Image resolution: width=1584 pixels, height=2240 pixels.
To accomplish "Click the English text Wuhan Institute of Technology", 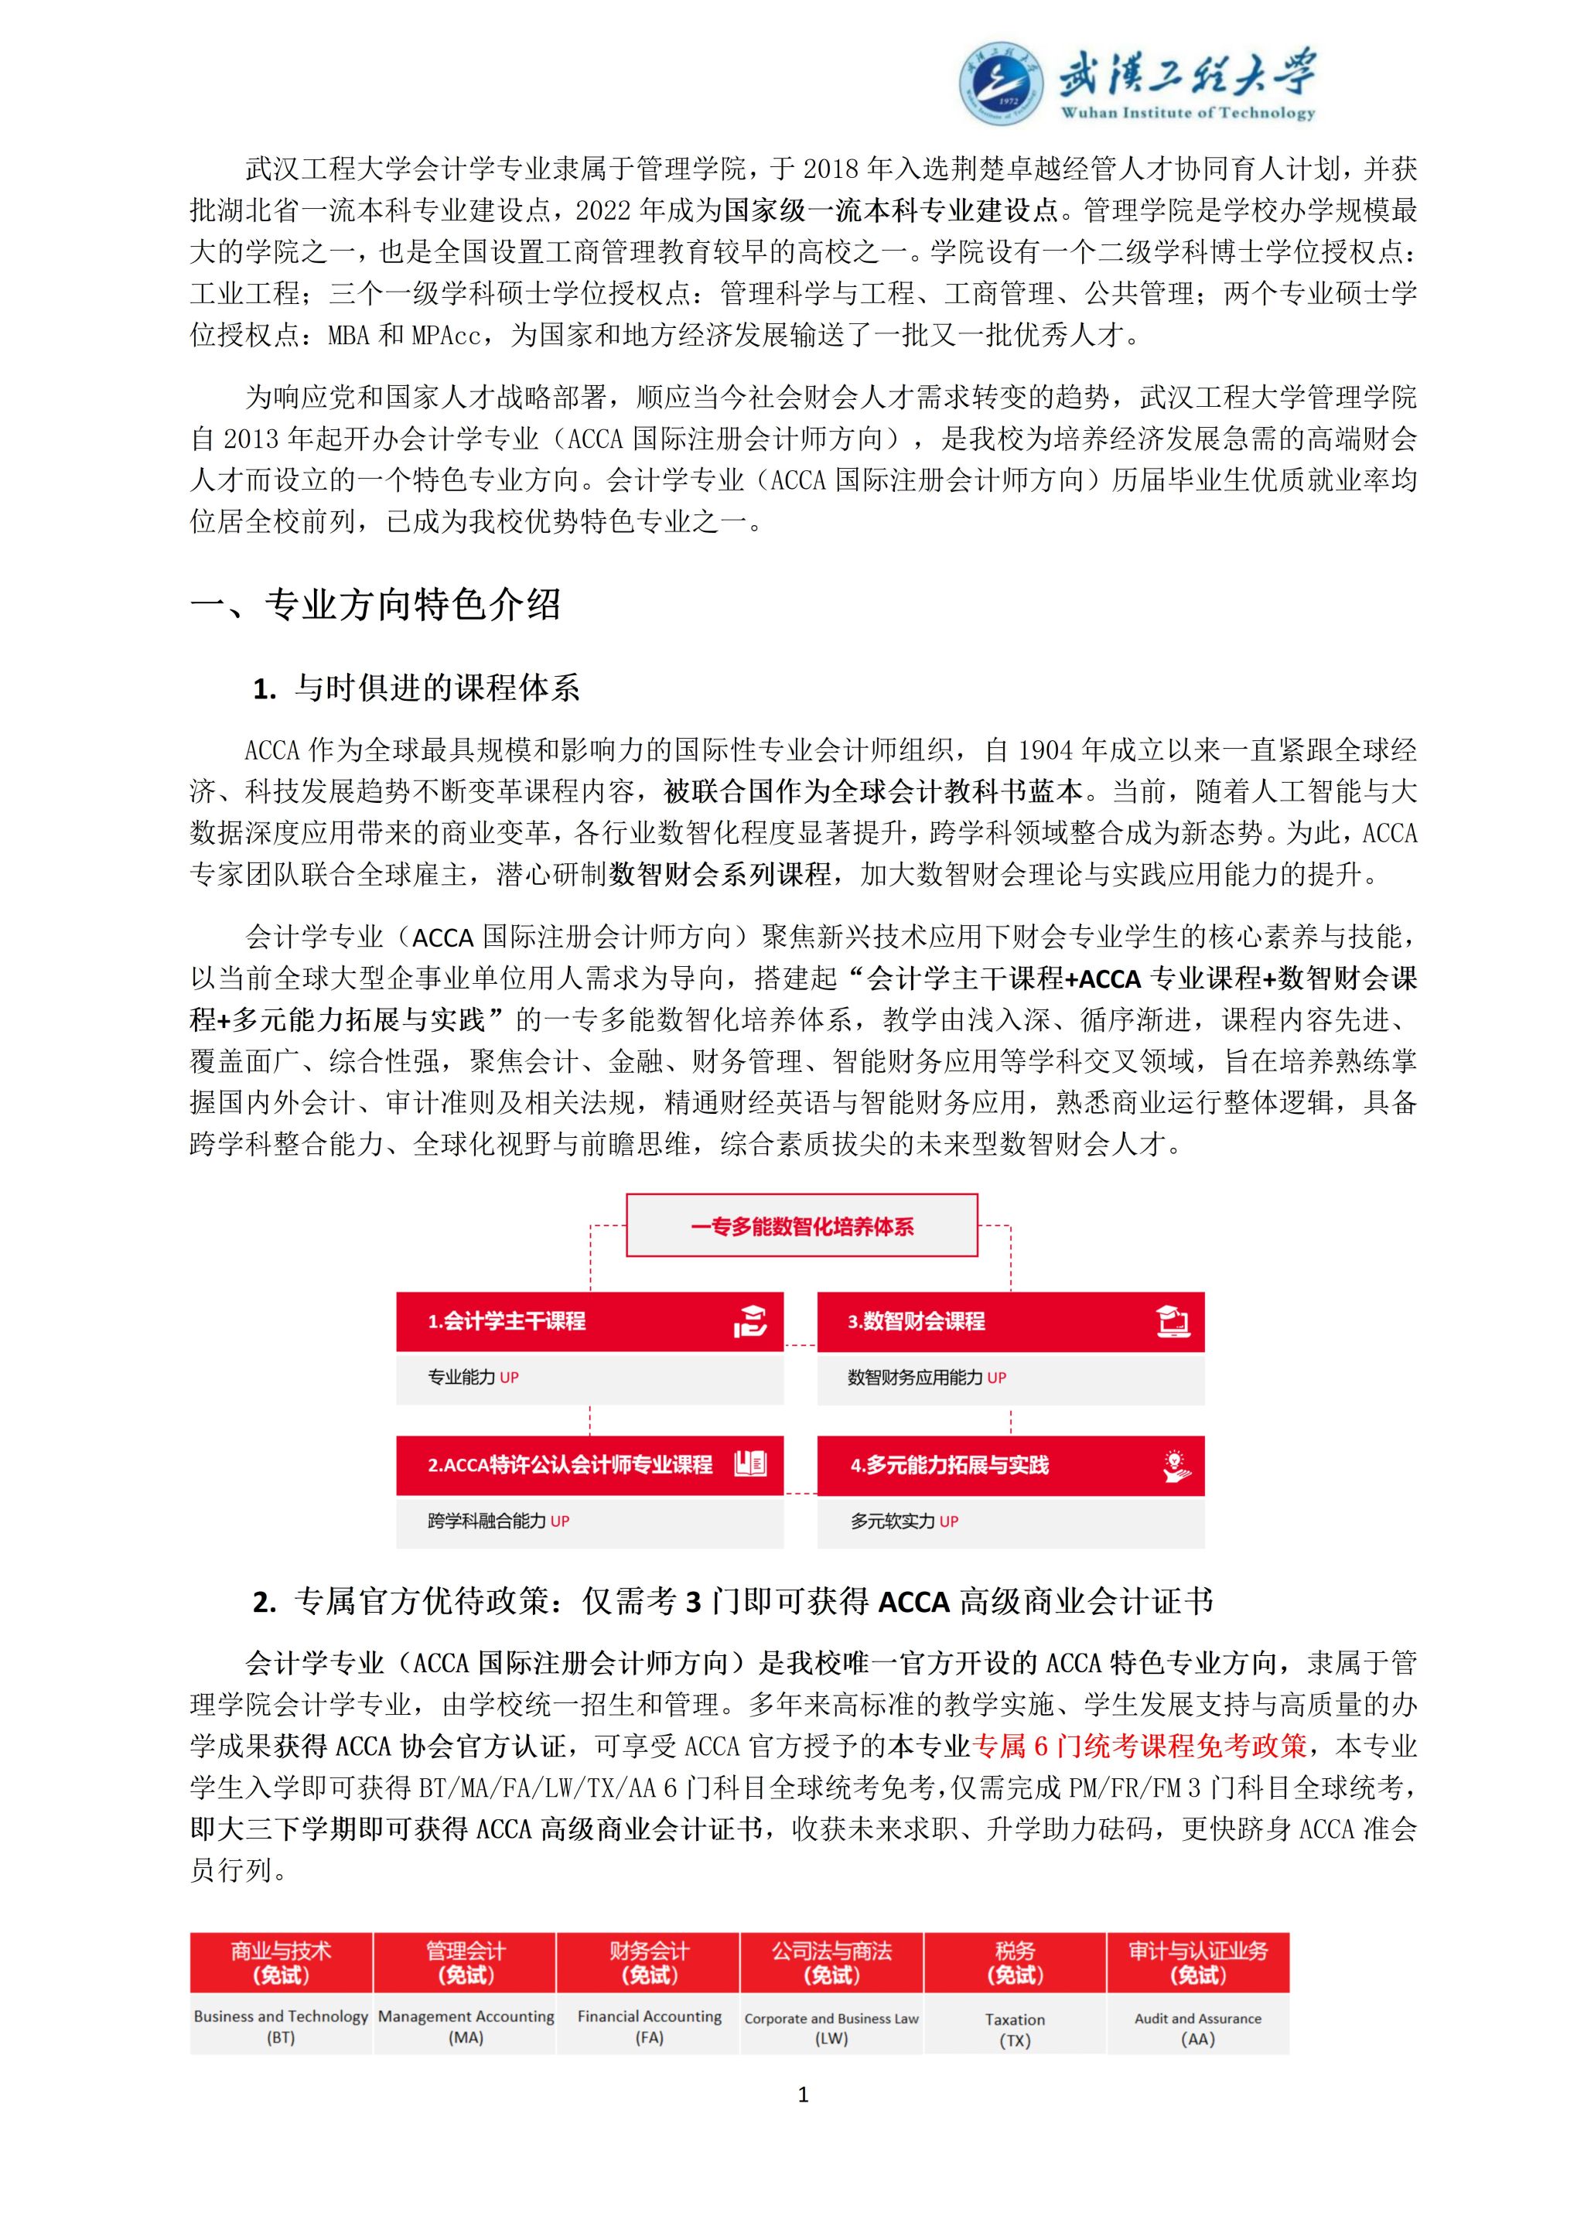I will pos(1187,112).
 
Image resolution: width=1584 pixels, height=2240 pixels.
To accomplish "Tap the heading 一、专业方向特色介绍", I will pos(376,605).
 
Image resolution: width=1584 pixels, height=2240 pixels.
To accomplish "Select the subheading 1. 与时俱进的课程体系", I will pos(416,688).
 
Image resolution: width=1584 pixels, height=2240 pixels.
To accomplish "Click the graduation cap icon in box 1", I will pos(750,1321).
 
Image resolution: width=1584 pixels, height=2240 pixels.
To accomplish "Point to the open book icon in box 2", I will pos(750,1464).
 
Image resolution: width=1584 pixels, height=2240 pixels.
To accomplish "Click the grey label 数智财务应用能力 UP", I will pos(926,1378).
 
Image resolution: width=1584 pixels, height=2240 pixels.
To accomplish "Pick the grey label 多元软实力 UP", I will pos(903,1521).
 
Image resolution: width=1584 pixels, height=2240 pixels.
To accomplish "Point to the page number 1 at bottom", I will pos(803,2095).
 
